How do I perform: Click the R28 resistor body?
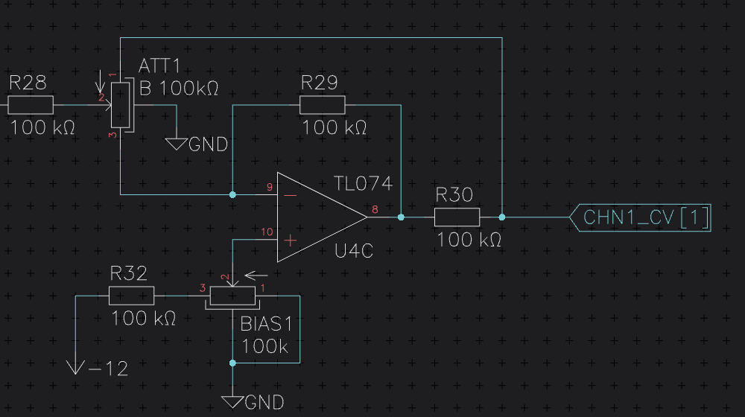[31, 105]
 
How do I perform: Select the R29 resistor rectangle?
[322, 105]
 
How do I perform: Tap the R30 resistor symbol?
[457, 217]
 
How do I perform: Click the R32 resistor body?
[132, 296]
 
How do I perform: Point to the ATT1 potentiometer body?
[120, 105]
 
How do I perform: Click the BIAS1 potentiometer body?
[232, 296]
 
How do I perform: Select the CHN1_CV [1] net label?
[640, 218]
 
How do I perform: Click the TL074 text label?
[363, 184]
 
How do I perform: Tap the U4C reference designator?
[354, 251]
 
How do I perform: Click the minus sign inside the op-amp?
[291, 195]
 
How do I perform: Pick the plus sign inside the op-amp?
[291, 241]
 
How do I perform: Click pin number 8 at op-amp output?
[375, 209]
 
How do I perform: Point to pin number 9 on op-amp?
[270, 187]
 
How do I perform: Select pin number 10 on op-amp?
[267, 232]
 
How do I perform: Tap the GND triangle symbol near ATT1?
[177, 144]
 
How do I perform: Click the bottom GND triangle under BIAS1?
[232, 402]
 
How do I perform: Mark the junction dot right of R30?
[501, 217]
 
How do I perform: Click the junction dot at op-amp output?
[401, 217]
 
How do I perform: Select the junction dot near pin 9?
[232, 195]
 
